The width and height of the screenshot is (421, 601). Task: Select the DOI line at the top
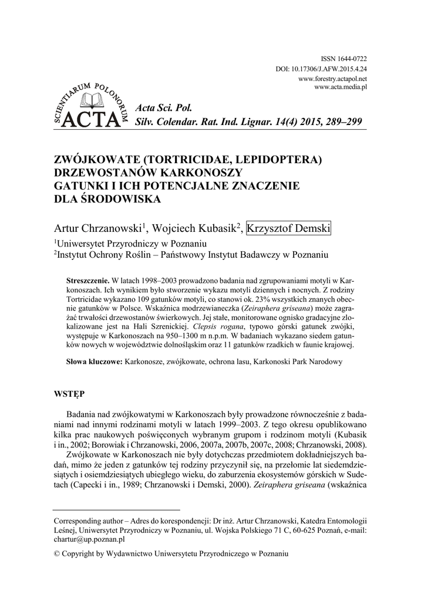pos(321,69)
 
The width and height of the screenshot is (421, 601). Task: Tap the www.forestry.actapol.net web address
pos(332,78)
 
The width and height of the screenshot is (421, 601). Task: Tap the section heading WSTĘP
pos(69,395)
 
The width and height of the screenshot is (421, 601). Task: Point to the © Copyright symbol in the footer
pos(56,553)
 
